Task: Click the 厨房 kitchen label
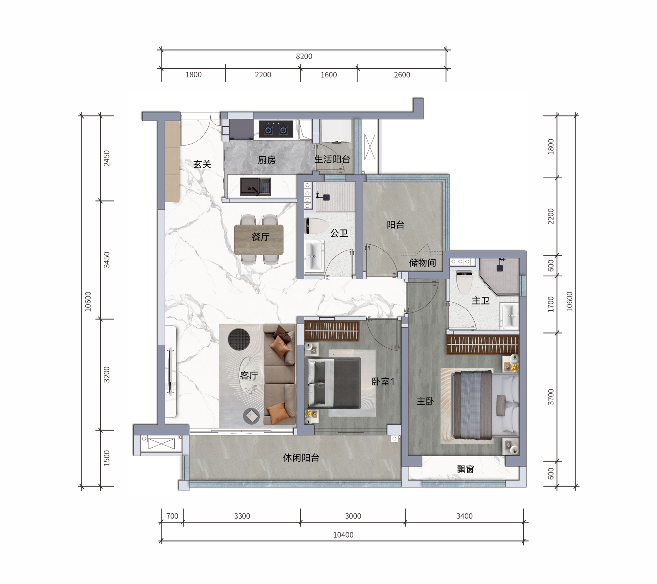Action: (x=267, y=160)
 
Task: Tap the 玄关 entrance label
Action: (x=202, y=164)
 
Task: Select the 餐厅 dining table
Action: (x=259, y=240)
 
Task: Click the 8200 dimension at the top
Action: (x=304, y=56)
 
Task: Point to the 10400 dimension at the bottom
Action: (x=343, y=535)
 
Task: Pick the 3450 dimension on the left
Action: (x=107, y=260)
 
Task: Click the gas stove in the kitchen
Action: (x=276, y=129)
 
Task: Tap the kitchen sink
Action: (x=255, y=186)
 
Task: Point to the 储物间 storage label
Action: (x=422, y=263)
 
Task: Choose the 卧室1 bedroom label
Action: (x=383, y=382)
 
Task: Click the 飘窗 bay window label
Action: (x=465, y=469)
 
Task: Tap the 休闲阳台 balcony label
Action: (x=301, y=458)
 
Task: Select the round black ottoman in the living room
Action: (x=239, y=340)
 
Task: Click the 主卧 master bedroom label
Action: (x=425, y=401)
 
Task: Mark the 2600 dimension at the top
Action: (x=402, y=75)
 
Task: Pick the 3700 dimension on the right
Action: (x=551, y=397)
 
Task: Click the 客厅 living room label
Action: (x=249, y=375)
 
